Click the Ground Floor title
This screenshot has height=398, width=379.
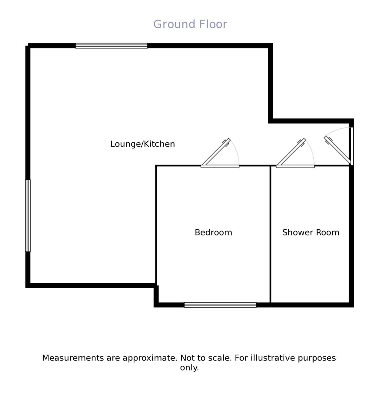[190, 24]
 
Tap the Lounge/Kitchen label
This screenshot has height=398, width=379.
[142, 144]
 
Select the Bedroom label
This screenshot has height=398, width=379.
[213, 233]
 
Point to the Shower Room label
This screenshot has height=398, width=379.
[311, 233]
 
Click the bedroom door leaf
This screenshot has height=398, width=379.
[216, 152]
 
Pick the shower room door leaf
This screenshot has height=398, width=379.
[291, 152]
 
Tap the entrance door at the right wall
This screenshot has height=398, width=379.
[337, 150]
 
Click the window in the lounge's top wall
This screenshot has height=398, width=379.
[111, 46]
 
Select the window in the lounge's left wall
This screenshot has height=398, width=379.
[28, 216]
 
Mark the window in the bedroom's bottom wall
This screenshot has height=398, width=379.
[220, 305]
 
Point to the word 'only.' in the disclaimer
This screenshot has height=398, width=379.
[189, 368]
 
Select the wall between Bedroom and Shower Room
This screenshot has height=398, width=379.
[270, 235]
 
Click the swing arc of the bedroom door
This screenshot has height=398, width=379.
[236, 152]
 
